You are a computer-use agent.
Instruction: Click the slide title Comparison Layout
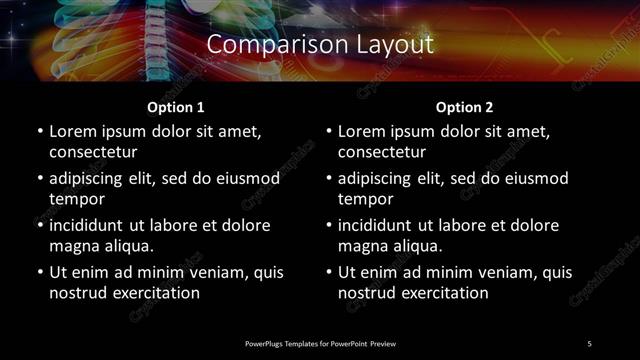(320, 45)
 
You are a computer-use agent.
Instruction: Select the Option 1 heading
(176, 106)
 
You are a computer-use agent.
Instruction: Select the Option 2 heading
(465, 106)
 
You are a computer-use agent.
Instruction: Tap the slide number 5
(589, 343)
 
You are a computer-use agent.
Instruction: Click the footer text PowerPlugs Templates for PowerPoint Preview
(320, 343)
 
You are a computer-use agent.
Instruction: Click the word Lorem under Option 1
(72, 131)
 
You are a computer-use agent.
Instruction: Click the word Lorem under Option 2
(361, 131)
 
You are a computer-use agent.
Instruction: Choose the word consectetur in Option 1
(93, 152)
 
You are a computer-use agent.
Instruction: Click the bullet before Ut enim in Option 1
(39, 272)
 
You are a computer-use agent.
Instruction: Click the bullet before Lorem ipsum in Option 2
(328, 131)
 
